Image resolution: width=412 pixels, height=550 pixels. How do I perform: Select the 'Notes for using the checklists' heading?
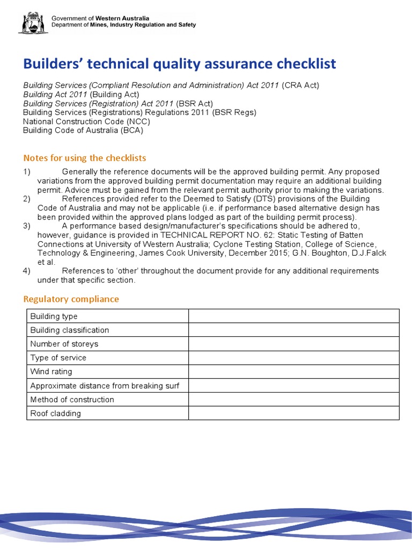click(x=85, y=158)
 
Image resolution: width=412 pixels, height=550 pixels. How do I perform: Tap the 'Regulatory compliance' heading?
click(x=71, y=299)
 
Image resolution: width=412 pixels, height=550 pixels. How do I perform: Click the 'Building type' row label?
click(x=54, y=316)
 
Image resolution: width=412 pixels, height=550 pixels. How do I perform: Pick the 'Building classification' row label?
click(x=69, y=330)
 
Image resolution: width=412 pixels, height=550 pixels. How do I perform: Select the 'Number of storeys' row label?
click(x=64, y=344)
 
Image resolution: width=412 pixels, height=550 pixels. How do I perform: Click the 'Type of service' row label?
click(x=58, y=358)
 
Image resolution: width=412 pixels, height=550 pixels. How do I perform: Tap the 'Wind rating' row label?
click(x=51, y=372)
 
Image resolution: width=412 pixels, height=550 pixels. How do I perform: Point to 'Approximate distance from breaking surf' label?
click(x=105, y=386)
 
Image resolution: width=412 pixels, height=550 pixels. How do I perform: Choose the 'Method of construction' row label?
click(x=72, y=400)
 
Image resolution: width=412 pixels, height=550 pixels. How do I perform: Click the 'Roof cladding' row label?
click(x=55, y=414)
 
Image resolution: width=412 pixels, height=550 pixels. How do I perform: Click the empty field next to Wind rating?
click(x=293, y=372)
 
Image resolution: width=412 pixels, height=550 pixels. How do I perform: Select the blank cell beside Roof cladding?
click(x=293, y=414)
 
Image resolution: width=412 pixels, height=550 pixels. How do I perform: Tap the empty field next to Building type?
click(x=293, y=316)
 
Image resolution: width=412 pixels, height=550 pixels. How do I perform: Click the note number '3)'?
click(x=27, y=226)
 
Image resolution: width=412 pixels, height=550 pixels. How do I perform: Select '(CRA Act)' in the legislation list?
click(x=301, y=85)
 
